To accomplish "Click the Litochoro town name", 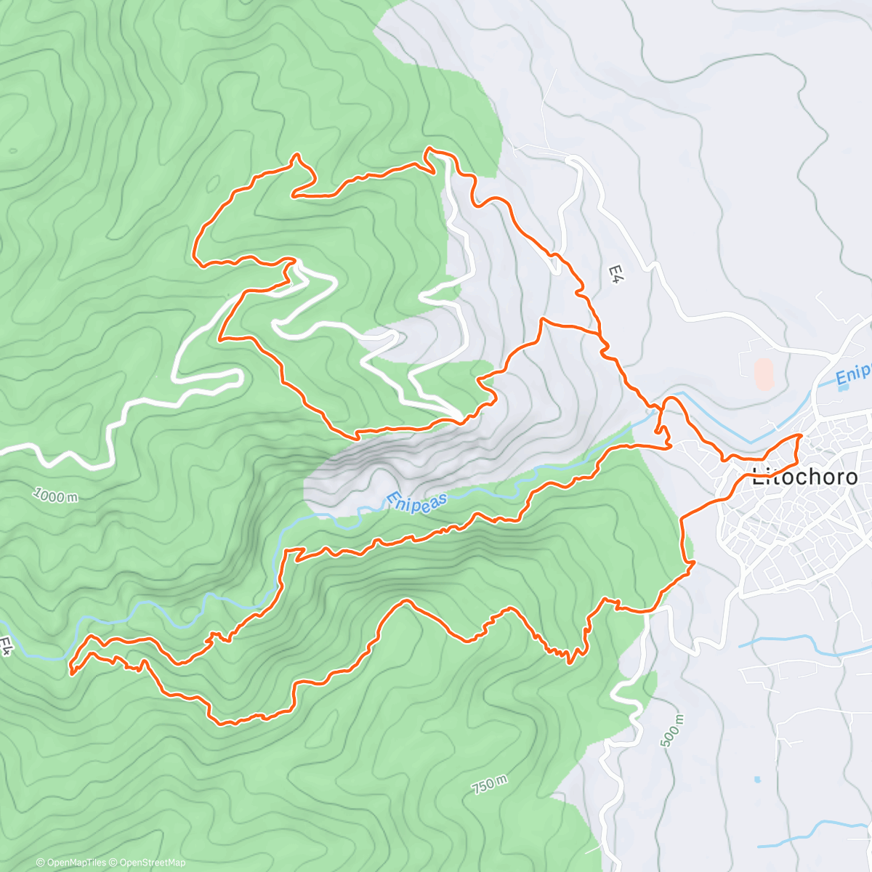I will coord(804,477).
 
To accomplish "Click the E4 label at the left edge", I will coord(7,646).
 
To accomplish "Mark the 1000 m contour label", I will coord(55,496).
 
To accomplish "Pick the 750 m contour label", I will coord(489,784).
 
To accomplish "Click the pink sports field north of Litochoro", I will coord(763,374).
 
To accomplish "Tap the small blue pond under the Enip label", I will coord(842,387).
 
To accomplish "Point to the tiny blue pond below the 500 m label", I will coord(758,779).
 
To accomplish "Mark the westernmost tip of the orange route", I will coord(70,672).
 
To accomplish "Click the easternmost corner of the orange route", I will coord(801,435).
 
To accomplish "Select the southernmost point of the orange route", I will coord(222,723).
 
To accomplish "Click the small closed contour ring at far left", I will coord(13,150).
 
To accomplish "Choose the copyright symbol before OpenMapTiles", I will coord(40,863).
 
